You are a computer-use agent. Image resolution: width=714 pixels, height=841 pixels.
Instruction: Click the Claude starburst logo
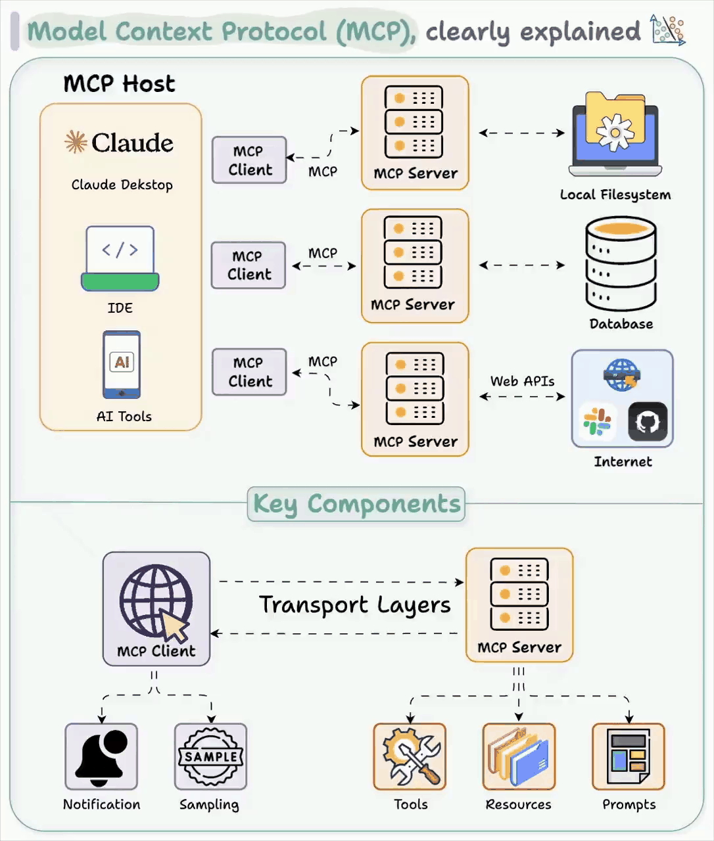click(76, 142)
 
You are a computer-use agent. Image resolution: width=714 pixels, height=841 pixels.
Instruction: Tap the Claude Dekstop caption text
click(122, 185)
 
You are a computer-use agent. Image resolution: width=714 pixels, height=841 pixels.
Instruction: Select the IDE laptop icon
click(120, 258)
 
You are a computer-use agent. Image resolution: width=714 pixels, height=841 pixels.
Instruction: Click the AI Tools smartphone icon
click(122, 365)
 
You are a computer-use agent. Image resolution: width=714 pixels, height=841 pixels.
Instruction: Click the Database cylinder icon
click(621, 263)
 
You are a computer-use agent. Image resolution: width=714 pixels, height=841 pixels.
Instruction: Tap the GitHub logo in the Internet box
click(648, 422)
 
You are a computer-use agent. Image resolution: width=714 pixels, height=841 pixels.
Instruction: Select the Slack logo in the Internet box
click(597, 422)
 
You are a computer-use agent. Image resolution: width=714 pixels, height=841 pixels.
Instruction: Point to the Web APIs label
click(522, 381)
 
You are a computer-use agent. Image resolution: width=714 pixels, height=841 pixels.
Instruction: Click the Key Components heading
click(356, 504)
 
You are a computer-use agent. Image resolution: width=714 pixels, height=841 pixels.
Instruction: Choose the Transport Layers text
click(355, 605)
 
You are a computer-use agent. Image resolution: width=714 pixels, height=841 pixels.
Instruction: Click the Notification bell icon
click(101, 757)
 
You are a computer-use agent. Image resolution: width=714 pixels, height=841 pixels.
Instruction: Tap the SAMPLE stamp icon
click(210, 757)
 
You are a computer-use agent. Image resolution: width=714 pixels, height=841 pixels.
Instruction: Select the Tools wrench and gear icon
click(410, 757)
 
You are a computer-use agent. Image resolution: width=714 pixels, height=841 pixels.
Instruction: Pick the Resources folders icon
click(519, 757)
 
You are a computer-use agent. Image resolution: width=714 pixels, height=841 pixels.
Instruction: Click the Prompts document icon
click(629, 757)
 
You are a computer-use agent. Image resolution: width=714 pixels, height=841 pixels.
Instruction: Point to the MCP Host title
click(119, 84)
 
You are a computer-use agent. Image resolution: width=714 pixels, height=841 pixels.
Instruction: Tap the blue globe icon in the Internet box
click(621, 375)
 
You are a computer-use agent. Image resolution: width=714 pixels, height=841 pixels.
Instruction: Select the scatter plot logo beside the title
click(667, 30)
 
